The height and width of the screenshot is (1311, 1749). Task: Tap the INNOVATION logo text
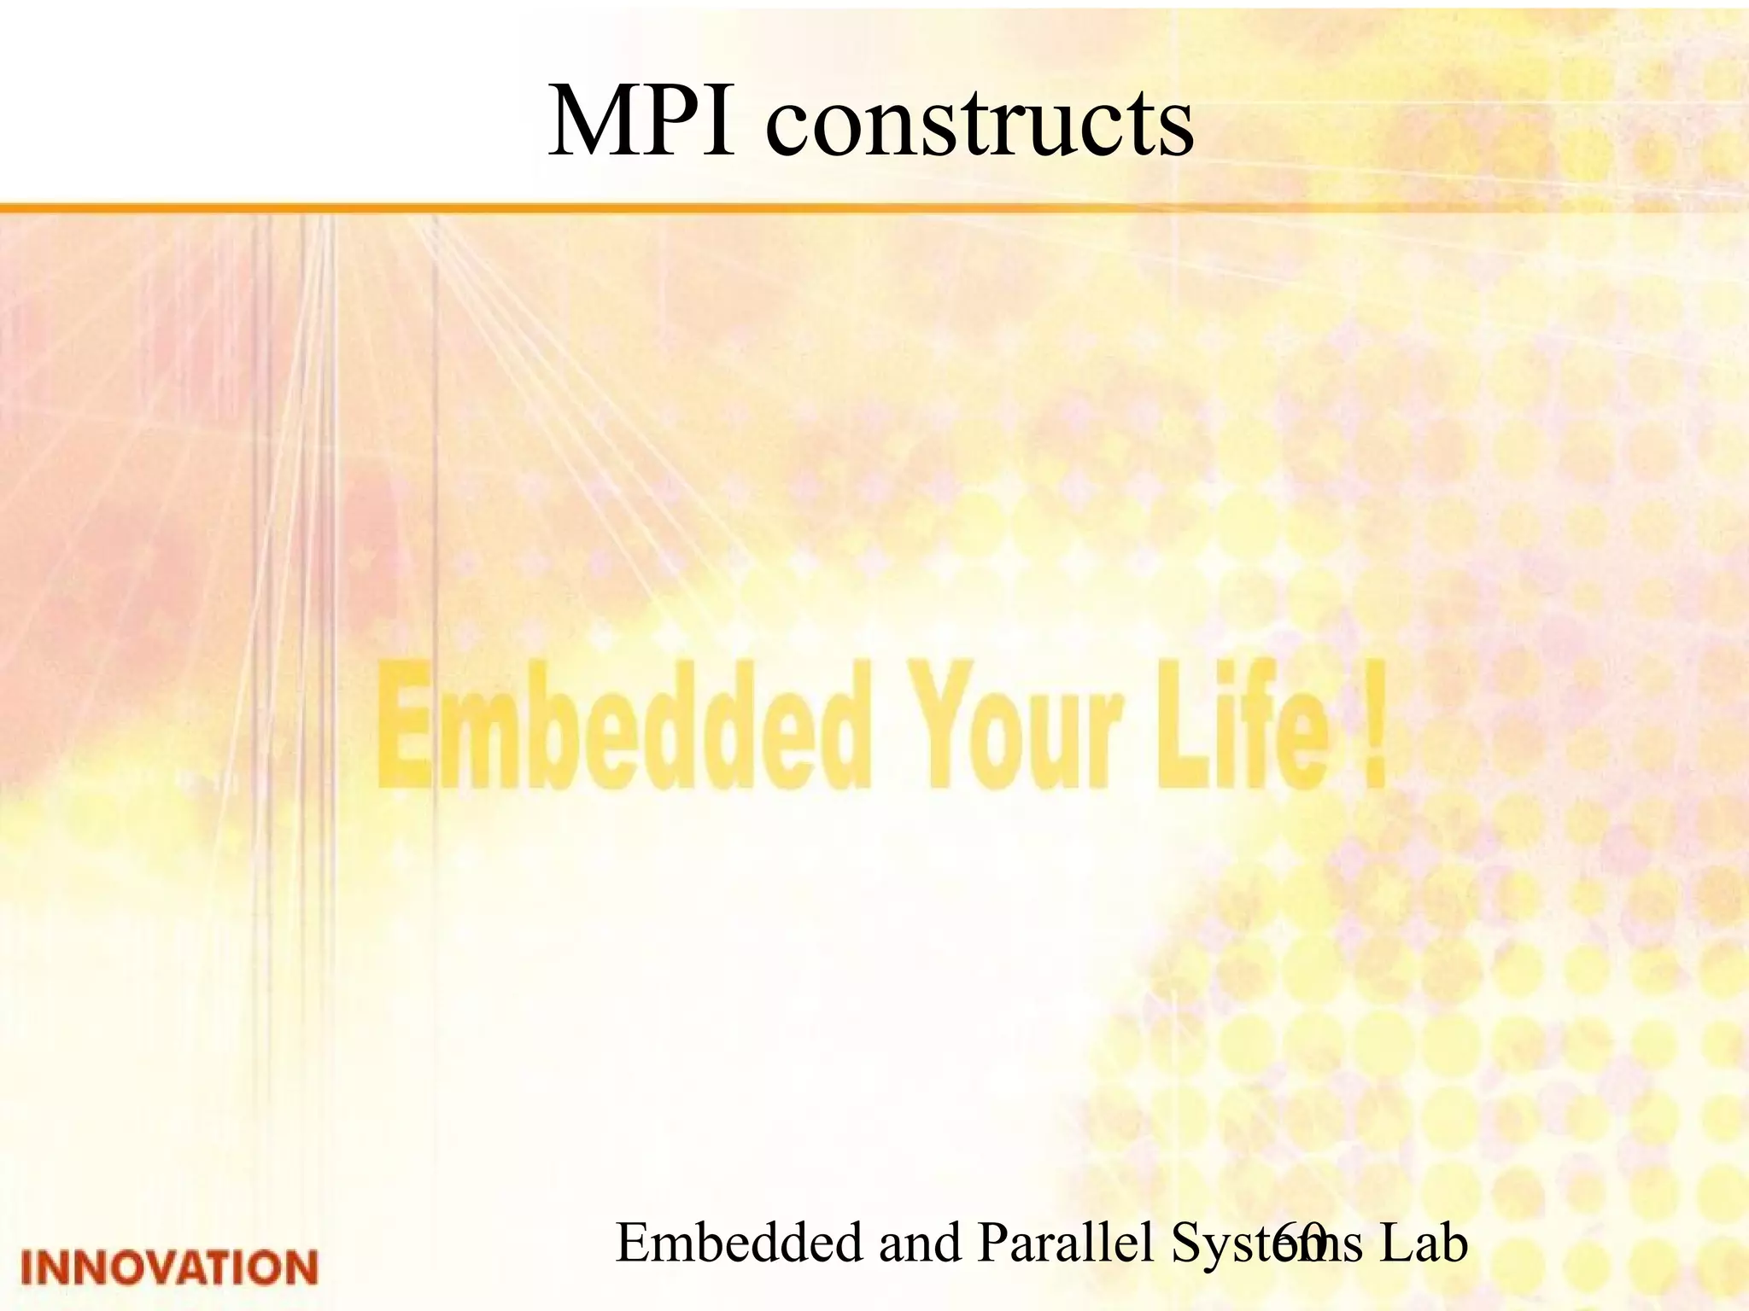tap(169, 1267)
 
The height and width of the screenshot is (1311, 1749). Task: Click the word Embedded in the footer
tap(740, 1243)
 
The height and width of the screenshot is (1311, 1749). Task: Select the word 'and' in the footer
tap(920, 1243)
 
